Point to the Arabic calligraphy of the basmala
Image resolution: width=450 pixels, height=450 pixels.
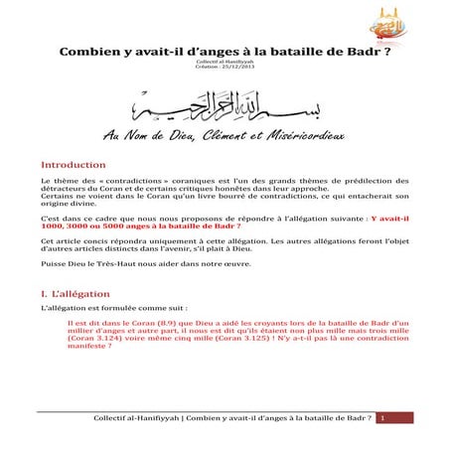(x=225, y=107)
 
